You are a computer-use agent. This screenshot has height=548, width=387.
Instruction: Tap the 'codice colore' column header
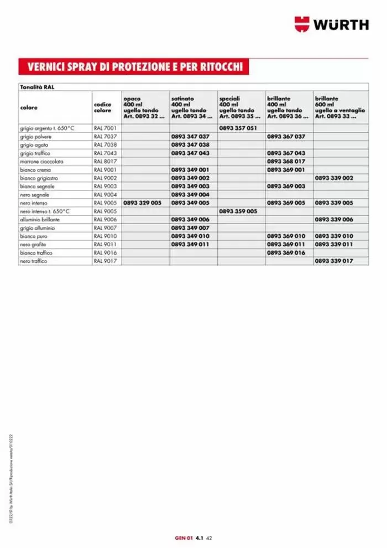coord(102,107)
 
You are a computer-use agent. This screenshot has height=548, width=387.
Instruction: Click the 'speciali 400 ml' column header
coord(239,107)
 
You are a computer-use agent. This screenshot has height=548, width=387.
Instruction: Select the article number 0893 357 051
coord(238,128)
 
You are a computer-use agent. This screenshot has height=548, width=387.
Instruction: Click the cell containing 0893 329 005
coord(143,203)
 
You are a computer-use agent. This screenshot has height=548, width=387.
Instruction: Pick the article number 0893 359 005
coord(238,211)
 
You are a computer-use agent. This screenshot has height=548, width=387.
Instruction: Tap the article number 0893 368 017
coord(286,162)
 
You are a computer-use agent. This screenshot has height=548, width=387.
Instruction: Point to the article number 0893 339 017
coord(334,261)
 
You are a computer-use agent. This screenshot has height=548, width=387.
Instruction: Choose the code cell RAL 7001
coord(105,128)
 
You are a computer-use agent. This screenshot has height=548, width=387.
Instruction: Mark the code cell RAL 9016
coord(105,253)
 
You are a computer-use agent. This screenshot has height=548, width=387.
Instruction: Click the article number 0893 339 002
coord(334,178)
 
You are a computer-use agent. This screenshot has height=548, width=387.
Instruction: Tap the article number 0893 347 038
coord(190,145)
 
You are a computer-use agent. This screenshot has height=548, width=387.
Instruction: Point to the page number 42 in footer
coord(210,537)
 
